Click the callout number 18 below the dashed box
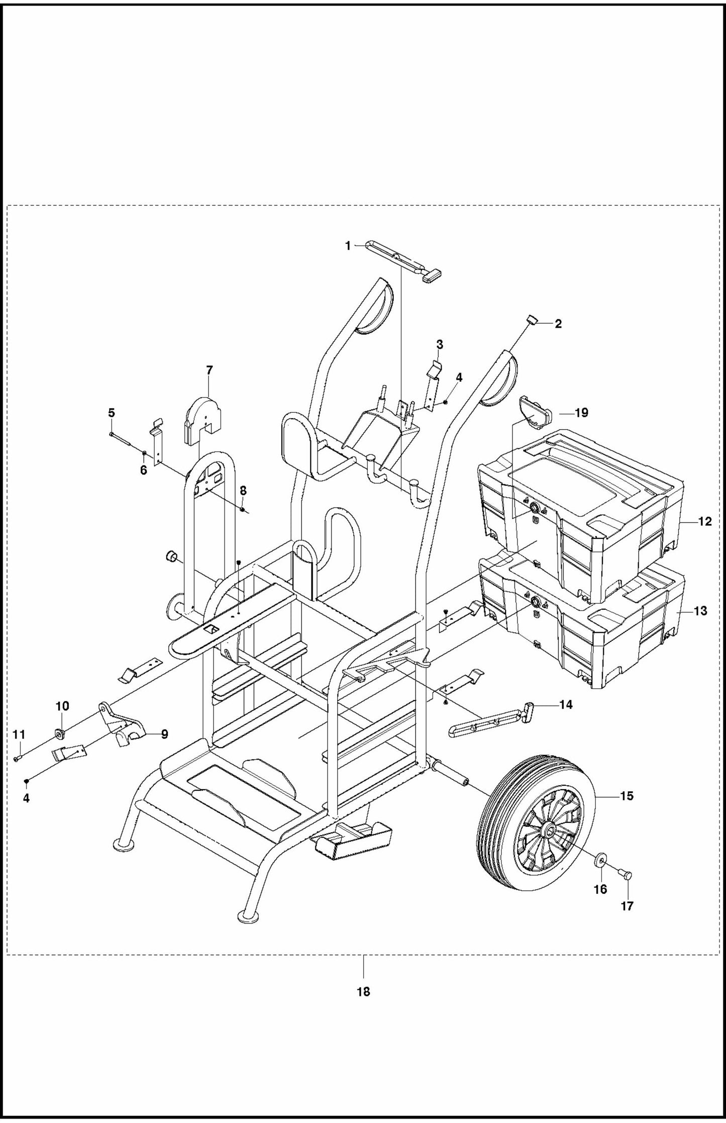[x=363, y=992]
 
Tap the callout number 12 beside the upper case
[x=705, y=521]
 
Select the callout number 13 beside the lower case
[x=700, y=611]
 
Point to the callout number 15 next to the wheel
[x=627, y=796]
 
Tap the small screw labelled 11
[x=17, y=759]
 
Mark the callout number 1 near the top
[x=348, y=246]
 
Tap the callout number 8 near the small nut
[x=243, y=491]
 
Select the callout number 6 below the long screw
[x=144, y=471]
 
